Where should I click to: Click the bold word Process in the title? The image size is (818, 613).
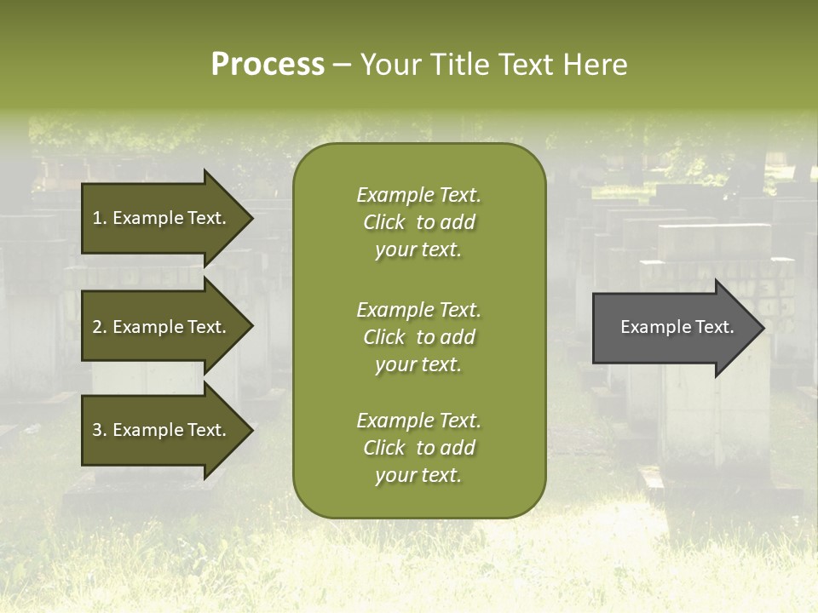click(268, 65)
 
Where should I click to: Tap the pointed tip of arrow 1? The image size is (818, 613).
click(250, 218)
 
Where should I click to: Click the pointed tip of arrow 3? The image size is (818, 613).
click(250, 430)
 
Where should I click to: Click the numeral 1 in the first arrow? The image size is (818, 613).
click(96, 218)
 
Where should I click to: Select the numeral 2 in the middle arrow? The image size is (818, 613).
click(96, 327)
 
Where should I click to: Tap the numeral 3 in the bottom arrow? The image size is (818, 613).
click(96, 430)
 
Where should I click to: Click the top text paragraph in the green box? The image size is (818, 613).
click(418, 222)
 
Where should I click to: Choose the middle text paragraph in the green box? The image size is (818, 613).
click(418, 337)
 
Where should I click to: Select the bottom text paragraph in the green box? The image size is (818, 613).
click(418, 448)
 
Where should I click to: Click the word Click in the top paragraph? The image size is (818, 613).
click(383, 222)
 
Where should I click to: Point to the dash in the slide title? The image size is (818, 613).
click(342, 65)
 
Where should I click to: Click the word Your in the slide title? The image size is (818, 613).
click(389, 65)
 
